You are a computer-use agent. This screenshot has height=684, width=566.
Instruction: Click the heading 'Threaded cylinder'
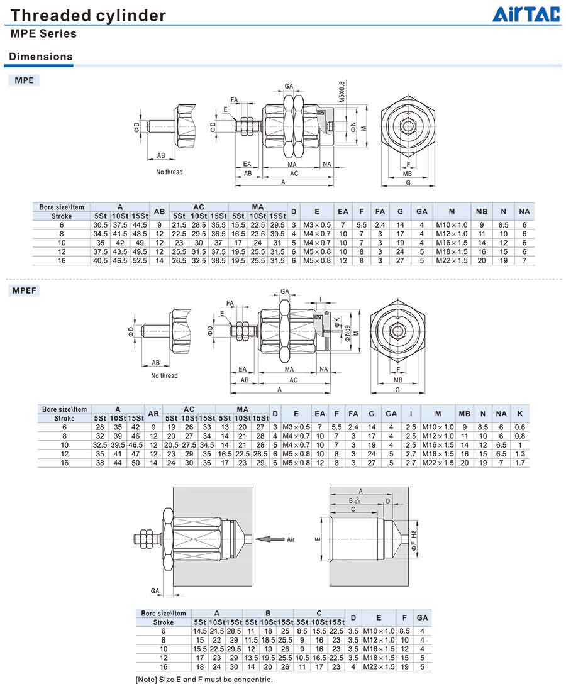point(89,15)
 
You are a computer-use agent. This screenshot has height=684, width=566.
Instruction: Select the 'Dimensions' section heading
point(41,57)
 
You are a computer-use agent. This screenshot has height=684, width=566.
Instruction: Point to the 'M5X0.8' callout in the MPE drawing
point(342,91)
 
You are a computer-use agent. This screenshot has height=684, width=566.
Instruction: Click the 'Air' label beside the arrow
point(291,539)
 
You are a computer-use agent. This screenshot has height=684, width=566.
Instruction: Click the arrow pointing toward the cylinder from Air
point(270,539)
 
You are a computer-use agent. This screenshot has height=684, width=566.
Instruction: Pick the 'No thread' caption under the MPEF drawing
point(164,376)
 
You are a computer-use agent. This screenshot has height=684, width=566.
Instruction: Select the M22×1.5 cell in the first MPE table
point(451,260)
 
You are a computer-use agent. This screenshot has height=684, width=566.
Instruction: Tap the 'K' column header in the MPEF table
point(519,414)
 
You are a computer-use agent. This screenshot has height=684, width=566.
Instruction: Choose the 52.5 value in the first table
point(140,260)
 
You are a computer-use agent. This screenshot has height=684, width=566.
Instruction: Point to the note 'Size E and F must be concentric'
point(204,679)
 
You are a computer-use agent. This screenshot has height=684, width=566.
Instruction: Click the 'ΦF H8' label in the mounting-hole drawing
point(413,541)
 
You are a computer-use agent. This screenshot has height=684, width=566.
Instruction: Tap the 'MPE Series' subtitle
point(43,34)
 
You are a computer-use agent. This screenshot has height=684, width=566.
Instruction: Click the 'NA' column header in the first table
point(524,211)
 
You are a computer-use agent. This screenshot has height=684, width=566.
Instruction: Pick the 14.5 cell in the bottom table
point(200,631)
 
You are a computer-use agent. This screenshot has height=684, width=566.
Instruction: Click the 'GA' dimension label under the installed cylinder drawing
point(155,590)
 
